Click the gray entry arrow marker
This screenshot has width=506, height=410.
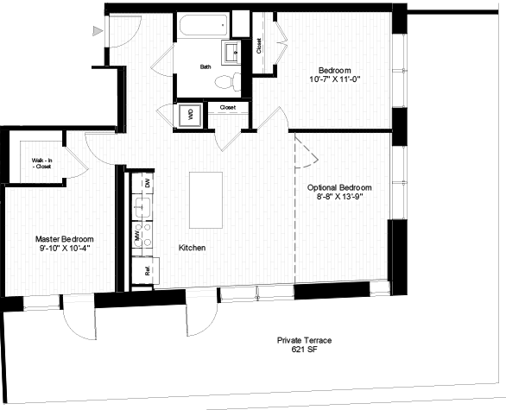click(x=98, y=31)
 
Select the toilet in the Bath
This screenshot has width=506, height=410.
click(x=227, y=82)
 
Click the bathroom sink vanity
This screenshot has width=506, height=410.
click(x=231, y=53)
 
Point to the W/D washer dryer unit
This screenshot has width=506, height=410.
click(x=190, y=116)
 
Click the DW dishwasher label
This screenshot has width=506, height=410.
click(x=148, y=183)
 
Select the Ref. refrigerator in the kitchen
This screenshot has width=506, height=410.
click(x=146, y=270)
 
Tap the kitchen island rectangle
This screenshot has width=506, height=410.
click(x=206, y=200)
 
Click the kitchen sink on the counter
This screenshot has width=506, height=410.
click(x=142, y=207)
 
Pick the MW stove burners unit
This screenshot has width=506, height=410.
click(x=142, y=235)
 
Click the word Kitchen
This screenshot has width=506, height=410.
click(x=192, y=248)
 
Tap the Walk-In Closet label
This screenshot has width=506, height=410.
click(x=41, y=163)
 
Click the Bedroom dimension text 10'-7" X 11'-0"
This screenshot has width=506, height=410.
click(x=335, y=79)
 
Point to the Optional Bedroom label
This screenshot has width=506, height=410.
click(x=339, y=187)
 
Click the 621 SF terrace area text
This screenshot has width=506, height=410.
click(x=304, y=350)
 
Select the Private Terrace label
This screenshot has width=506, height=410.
click(x=304, y=340)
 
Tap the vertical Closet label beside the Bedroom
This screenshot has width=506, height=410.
click(x=259, y=46)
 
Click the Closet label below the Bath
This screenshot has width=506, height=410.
click(x=228, y=107)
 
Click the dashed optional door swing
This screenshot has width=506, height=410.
click(x=307, y=152)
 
